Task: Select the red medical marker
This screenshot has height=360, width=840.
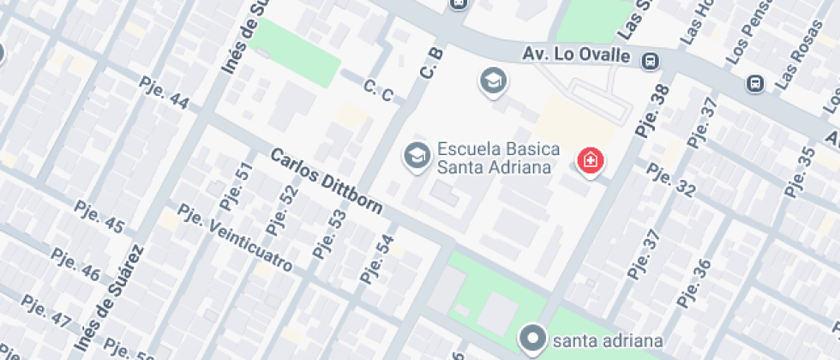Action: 590,160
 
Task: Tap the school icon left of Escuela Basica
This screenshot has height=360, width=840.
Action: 417,156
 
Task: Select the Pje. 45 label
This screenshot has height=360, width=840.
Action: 99,219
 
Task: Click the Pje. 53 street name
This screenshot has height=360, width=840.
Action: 329,234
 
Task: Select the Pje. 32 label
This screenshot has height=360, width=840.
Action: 671,178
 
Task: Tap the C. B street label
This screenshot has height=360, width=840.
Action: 430,64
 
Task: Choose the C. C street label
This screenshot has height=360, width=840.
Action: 378,90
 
